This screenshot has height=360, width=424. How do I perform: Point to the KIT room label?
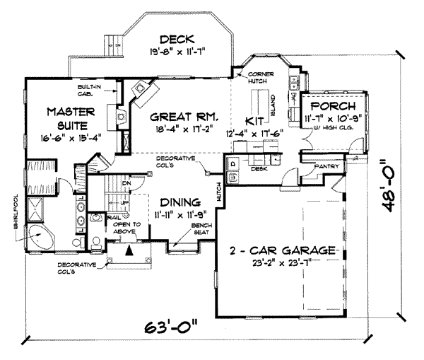pos(254,120)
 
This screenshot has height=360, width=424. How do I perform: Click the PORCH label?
pos(332,105)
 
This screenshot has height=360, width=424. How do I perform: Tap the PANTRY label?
pos(329,167)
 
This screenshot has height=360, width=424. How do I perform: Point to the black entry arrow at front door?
pos(129,250)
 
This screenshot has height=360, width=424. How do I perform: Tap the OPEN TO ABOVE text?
pos(126,228)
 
